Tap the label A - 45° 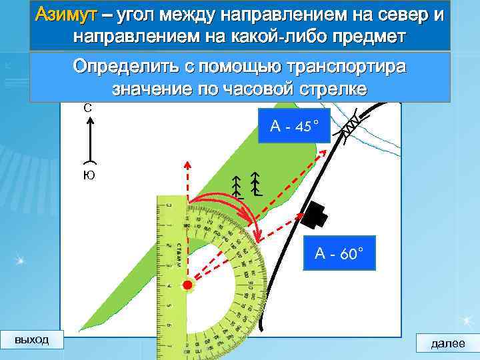coord(294,125)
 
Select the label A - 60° coord(339,253)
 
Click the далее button coord(448,344)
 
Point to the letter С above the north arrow coord(88,107)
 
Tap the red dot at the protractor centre coord(187,286)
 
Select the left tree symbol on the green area coord(237,187)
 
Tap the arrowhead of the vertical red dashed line coord(188,164)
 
